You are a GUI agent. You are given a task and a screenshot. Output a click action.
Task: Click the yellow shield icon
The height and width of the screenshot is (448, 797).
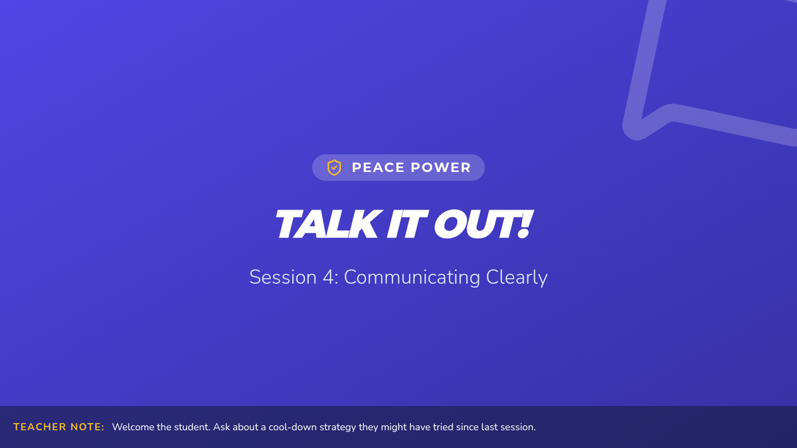(x=334, y=167)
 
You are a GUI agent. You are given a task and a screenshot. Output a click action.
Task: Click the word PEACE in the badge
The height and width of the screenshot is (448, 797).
(x=378, y=167)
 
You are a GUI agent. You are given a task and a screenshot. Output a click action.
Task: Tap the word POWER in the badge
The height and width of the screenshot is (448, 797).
(x=440, y=167)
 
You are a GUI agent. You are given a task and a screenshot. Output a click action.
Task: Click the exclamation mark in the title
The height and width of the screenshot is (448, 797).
(x=525, y=224)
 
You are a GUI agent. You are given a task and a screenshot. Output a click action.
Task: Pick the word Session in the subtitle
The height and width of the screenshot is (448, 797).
(x=283, y=277)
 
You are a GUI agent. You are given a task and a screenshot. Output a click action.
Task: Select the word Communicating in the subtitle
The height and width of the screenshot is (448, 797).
(x=412, y=278)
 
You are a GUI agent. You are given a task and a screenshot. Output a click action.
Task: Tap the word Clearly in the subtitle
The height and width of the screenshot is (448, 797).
(x=517, y=278)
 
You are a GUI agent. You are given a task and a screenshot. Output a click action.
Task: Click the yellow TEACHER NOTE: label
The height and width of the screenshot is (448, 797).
(x=58, y=427)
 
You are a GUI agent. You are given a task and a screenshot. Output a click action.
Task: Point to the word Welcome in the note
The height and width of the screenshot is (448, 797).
(x=133, y=427)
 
